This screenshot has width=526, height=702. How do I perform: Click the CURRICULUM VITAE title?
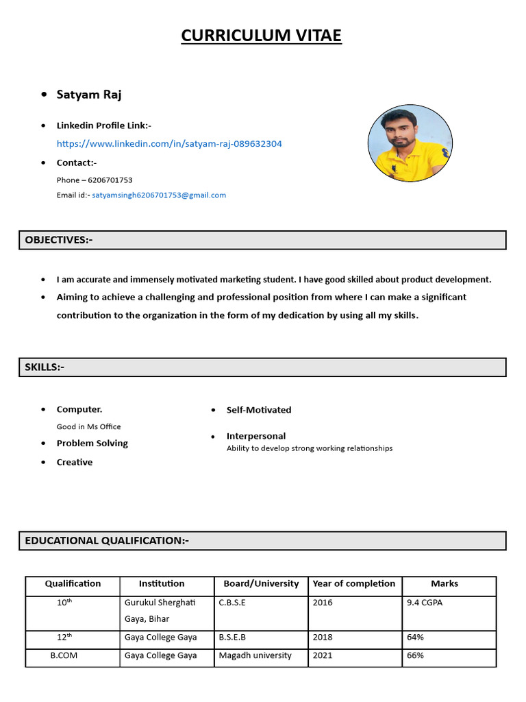pos(261,36)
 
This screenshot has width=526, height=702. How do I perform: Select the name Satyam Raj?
pos(89,95)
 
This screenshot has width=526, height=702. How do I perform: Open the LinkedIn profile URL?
pos(169,144)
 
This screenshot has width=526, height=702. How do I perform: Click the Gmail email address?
pos(159,195)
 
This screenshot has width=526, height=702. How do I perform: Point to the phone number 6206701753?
pos(110,180)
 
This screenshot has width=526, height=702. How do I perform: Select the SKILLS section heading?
pos(45,367)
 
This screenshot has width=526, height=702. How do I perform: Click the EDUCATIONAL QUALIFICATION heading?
pos(107,541)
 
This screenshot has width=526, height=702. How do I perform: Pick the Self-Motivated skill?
pos(259,410)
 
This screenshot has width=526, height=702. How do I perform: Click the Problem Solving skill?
pos(92,444)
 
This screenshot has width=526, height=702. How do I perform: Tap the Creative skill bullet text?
pos(75,462)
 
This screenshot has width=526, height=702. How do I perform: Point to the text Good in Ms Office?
pos(88,426)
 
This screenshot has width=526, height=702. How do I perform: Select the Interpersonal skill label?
pos(256,436)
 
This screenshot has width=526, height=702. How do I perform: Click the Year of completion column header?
pos(354,584)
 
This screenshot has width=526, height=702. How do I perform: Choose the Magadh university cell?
pos(255,655)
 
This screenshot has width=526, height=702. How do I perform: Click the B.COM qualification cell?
pos(64,655)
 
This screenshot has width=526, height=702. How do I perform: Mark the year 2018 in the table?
pos(322,638)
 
